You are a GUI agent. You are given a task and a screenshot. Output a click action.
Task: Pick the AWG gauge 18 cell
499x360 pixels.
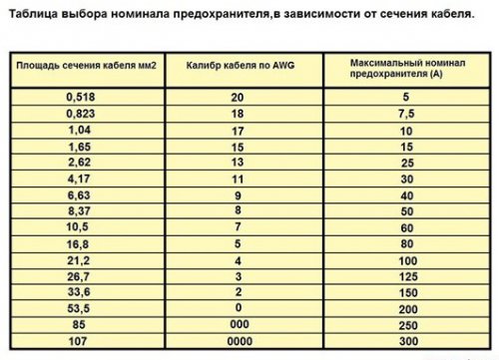tap(237, 114)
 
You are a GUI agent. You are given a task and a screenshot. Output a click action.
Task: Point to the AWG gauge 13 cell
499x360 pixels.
tap(237, 162)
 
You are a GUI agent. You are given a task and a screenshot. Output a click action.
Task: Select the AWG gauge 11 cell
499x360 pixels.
tap(237, 178)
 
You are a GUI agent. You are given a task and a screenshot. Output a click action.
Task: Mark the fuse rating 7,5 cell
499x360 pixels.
tap(406, 114)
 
